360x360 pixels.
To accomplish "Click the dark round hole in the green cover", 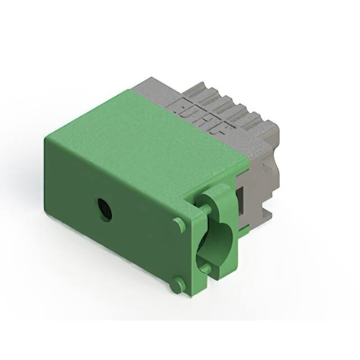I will (x=104, y=209).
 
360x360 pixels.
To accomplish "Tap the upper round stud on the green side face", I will (x=179, y=224).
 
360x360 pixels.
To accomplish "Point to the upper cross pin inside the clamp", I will (x=206, y=209).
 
